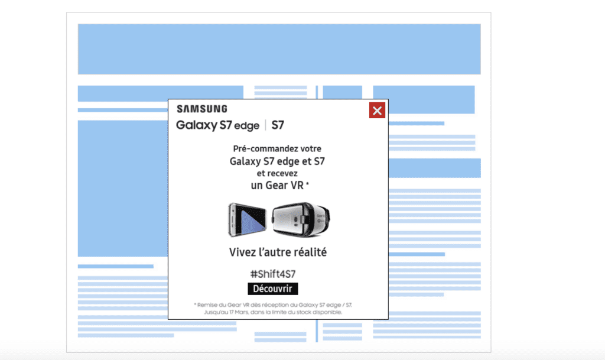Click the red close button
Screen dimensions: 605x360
(377, 111)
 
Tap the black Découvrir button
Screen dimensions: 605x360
(273, 288)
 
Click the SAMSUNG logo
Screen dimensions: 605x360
(202, 109)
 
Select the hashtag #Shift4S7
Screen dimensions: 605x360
(273, 274)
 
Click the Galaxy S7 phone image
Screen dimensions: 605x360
(248, 219)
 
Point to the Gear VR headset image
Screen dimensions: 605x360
(301, 219)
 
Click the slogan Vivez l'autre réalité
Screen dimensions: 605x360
(278, 252)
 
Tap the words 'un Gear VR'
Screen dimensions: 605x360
(277, 185)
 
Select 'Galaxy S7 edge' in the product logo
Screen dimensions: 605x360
(217, 125)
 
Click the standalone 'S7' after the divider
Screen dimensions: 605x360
(278, 125)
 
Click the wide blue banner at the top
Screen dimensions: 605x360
(279, 49)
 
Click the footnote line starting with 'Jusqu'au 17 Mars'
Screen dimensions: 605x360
(273, 312)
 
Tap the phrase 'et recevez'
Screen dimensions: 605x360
(277, 173)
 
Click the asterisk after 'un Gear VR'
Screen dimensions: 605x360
(307, 184)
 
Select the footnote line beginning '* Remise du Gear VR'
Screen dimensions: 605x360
(273, 305)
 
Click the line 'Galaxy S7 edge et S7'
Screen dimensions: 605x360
(277, 161)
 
